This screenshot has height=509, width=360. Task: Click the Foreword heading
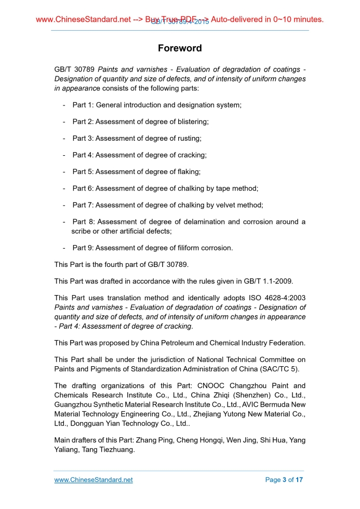[180, 48]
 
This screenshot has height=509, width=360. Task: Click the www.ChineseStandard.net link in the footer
[94, 480]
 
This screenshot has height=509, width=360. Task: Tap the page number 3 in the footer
[284, 480]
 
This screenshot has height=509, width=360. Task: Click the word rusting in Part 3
[188, 138]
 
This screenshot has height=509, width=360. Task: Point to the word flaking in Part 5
[188, 171]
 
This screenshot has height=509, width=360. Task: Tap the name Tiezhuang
[115, 450]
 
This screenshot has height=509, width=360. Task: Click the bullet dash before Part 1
[63, 105]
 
